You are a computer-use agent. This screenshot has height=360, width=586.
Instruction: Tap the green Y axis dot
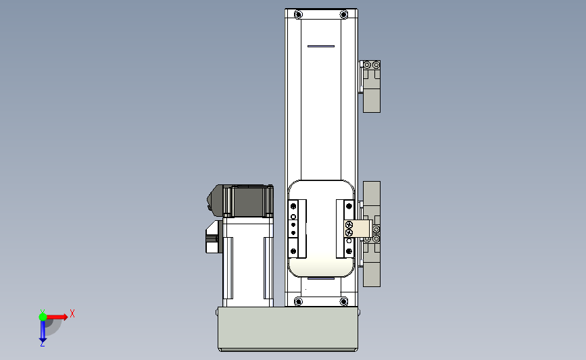point(43,316)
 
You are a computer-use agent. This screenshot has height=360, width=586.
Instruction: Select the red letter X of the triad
point(72,313)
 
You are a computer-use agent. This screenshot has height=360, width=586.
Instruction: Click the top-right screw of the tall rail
point(343,14)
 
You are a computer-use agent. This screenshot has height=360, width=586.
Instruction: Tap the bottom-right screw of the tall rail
point(343,301)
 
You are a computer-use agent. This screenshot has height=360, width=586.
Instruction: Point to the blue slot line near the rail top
point(320,47)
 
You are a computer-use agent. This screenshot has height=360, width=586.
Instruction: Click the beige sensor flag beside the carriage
point(358,229)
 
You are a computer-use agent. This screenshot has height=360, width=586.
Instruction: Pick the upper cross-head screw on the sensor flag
point(349,225)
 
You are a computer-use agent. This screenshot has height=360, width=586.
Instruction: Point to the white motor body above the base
point(247,260)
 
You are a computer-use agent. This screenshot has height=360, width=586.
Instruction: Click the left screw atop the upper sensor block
point(367,65)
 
